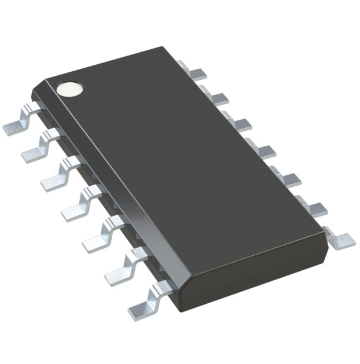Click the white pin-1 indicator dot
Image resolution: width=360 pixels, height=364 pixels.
[x=69, y=89]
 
